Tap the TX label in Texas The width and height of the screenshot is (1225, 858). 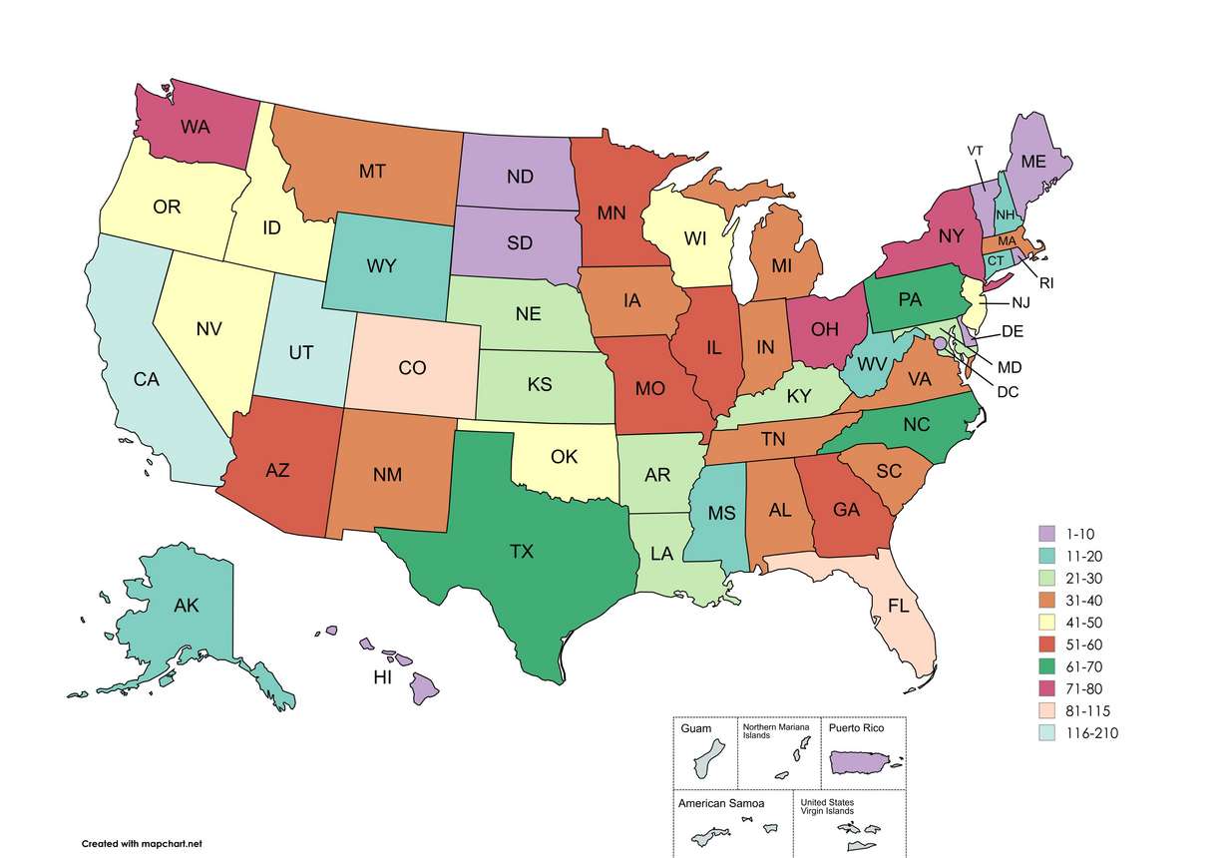coord(521,552)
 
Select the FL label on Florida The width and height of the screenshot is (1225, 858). coord(898,606)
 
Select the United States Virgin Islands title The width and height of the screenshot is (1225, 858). coord(827,806)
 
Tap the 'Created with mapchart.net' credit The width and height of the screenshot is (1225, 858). coord(142,844)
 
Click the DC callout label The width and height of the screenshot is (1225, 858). coord(1008,392)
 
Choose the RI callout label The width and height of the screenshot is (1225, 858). coord(1045,283)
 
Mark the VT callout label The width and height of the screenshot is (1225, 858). coord(976,151)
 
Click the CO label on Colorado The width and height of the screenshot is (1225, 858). coord(412,368)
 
